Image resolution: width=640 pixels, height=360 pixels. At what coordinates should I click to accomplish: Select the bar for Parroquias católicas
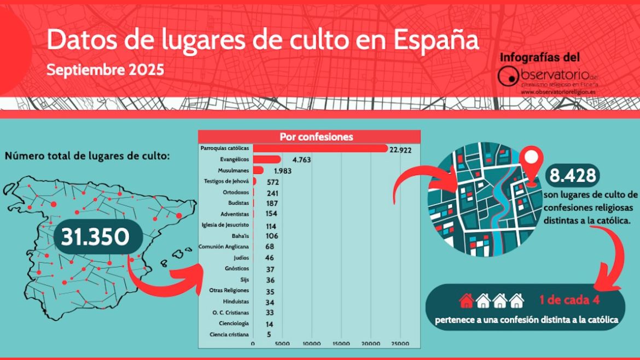click(x=320, y=148)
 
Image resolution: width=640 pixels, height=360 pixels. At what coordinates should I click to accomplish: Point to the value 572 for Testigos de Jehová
click(x=273, y=182)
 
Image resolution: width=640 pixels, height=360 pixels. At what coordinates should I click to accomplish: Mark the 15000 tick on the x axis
click(x=341, y=344)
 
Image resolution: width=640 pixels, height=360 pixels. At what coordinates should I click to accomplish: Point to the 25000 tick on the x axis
click(x=400, y=344)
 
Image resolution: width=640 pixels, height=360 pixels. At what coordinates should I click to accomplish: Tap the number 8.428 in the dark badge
click(x=572, y=176)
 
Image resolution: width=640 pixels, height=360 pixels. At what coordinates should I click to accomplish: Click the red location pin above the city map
click(x=529, y=160)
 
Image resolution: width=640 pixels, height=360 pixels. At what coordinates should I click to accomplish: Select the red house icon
click(x=466, y=300)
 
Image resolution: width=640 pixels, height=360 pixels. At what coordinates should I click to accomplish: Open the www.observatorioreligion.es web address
click(x=558, y=92)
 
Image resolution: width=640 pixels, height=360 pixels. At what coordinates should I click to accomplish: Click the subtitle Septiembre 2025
click(x=105, y=70)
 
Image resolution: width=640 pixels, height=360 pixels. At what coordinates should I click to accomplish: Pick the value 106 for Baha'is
click(x=272, y=236)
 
